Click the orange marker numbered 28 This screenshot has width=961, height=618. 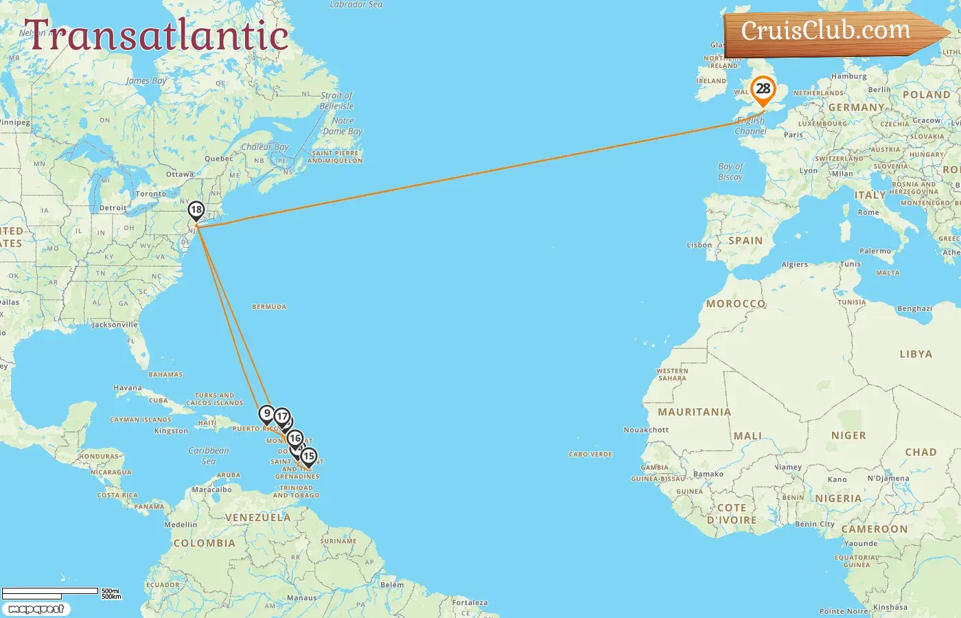(763, 89)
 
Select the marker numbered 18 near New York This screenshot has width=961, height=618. (196, 210)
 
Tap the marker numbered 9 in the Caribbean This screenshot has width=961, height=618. (267, 413)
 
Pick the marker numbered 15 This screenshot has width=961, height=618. (309, 456)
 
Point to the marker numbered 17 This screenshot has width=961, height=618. (282, 416)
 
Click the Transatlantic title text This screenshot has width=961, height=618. (157, 36)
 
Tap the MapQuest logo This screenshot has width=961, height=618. (36, 609)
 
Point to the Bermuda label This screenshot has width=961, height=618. (269, 307)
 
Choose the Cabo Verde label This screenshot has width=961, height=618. (590, 455)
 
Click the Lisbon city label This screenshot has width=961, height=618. (699, 245)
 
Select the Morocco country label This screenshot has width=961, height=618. (735, 304)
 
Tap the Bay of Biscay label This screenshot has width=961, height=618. (730, 172)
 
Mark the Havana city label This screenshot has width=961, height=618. (128, 388)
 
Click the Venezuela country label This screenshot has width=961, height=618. (257, 518)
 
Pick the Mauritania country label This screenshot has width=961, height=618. (694, 412)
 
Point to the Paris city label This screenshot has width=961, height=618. (793, 135)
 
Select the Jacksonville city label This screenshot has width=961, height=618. (115, 325)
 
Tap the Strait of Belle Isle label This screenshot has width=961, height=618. (336, 101)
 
